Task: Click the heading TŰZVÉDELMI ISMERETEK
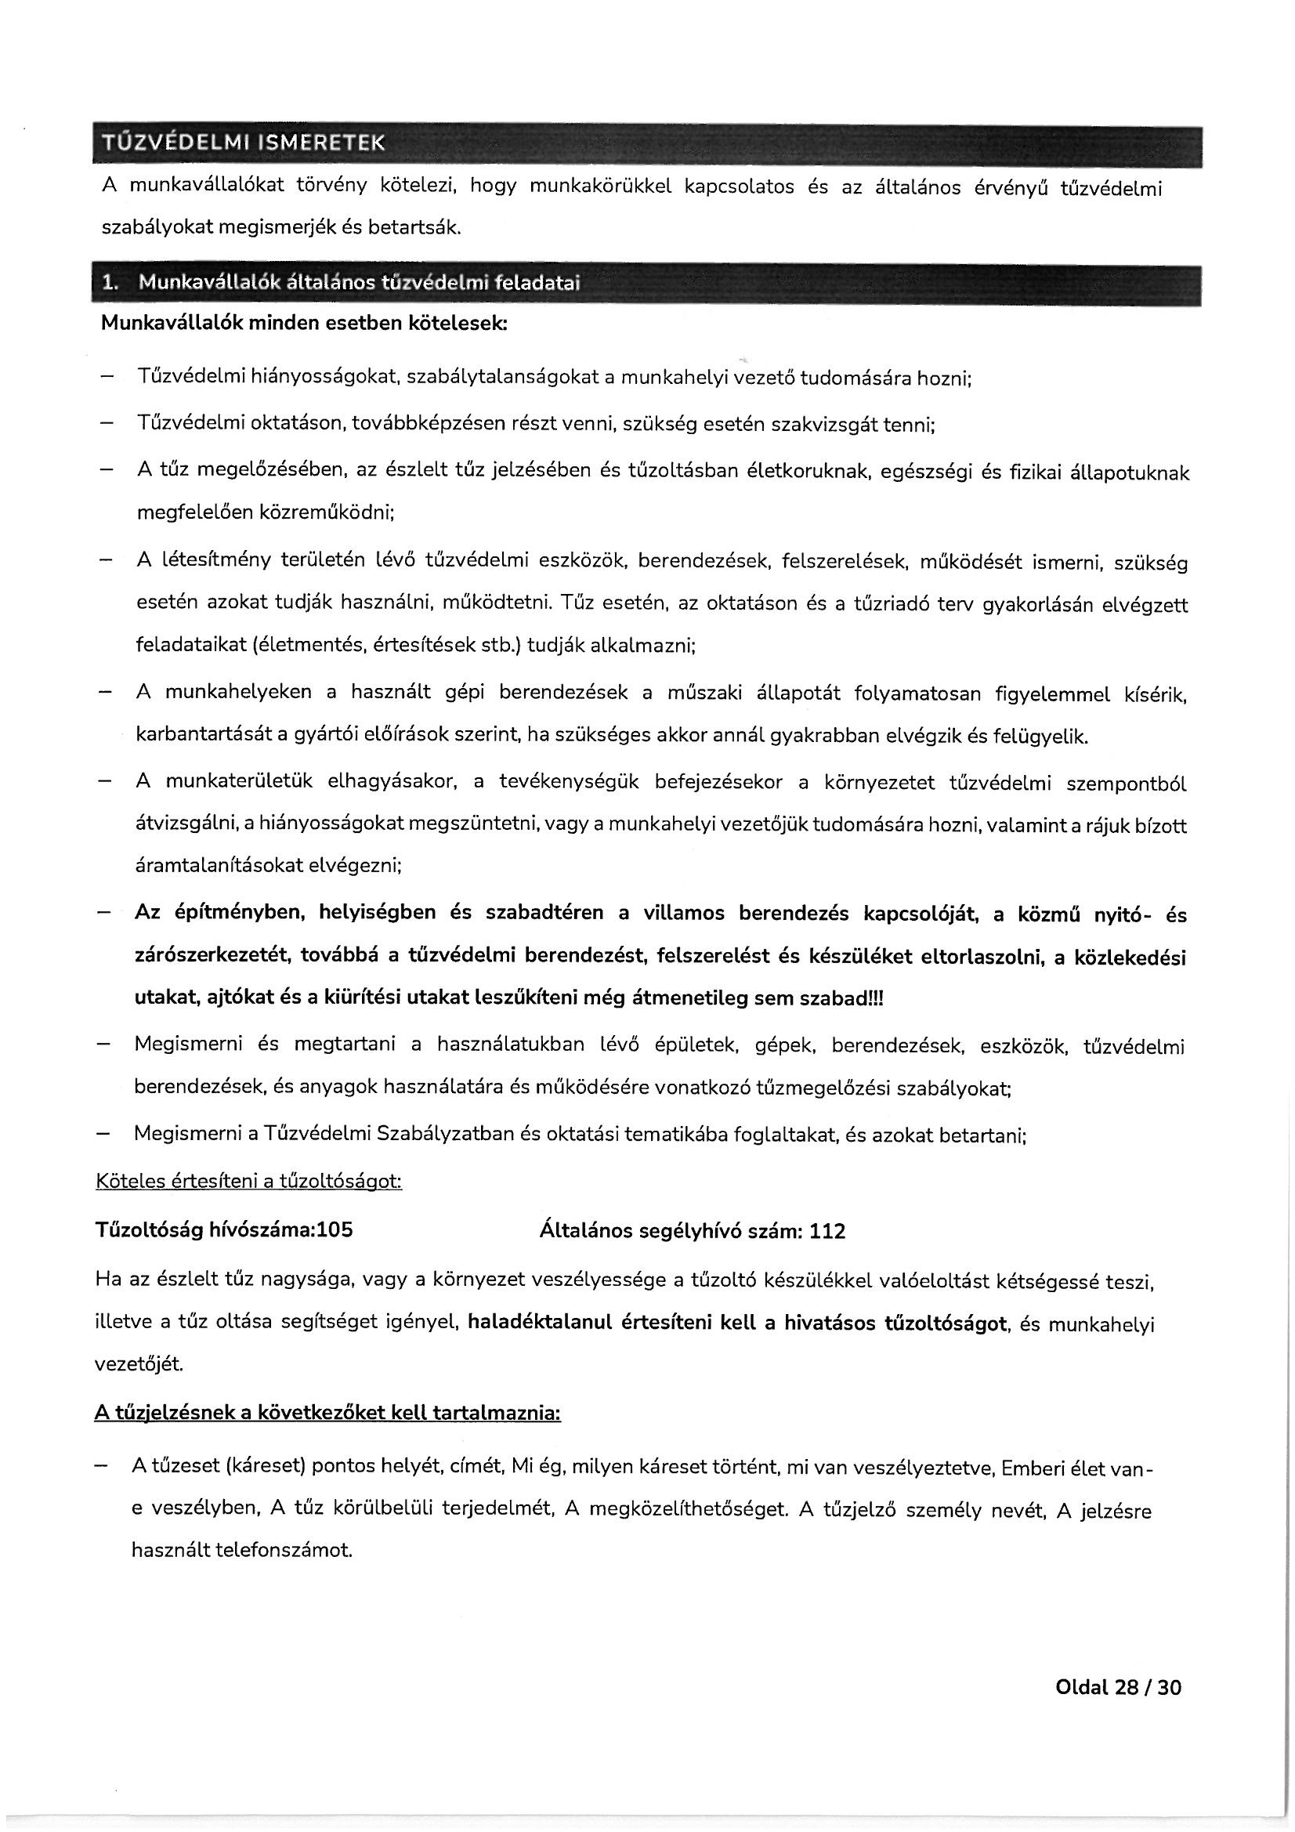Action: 243,143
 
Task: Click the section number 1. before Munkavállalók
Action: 110,283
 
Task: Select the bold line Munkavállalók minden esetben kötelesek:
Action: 303,324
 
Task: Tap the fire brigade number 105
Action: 335,1229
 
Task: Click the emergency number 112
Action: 827,1231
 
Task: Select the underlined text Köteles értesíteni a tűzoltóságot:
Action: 248,1181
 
